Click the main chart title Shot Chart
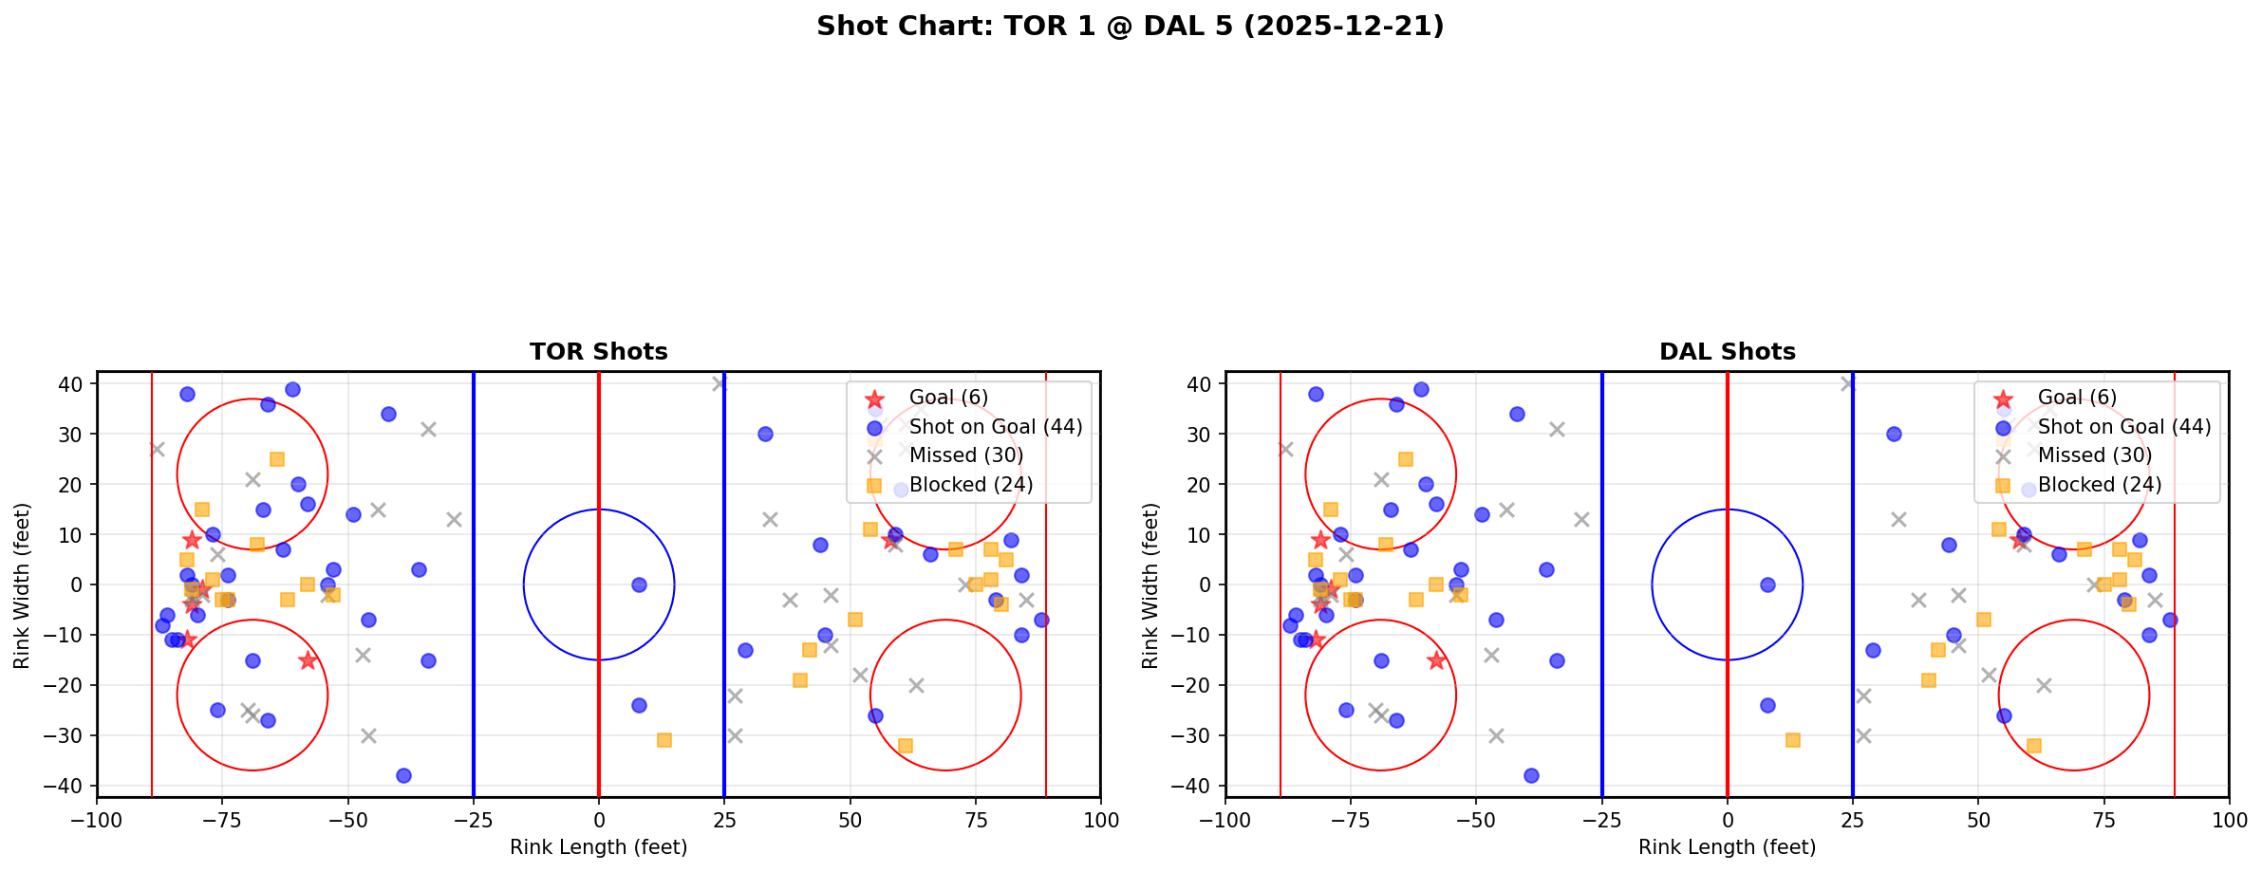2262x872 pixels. (x=1130, y=27)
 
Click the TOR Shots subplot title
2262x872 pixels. (x=598, y=352)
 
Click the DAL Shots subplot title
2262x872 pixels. (x=1727, y=352)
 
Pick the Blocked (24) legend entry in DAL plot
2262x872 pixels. (x=2099, y=485)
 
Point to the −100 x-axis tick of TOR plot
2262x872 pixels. (x=97, y=820)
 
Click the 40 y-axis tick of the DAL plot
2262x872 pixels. (x=1197, y=384)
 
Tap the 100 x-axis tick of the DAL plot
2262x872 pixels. (x=2228, y=820)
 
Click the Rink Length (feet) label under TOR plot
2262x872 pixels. (x=598, y=847)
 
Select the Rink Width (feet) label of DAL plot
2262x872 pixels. (x=1150, y=585)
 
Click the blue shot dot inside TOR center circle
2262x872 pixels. (x=639, y=584)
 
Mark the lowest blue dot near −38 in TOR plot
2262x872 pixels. (x=403, y=775)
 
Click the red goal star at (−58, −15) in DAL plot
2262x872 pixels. (x=1436, y=660)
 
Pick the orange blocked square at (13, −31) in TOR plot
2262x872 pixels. (x=664, y=740)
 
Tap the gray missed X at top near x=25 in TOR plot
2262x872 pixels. (x=720, y=383)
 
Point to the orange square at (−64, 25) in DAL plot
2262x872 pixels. (x=1406, y=459)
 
